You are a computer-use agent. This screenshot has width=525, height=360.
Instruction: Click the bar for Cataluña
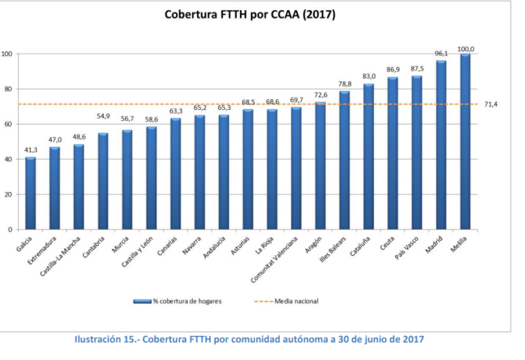coord(368,156)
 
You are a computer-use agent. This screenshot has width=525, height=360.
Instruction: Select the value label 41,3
coord(30,150)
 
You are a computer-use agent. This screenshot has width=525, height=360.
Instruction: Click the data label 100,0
coord(466,49)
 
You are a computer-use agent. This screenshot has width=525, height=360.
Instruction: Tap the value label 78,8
coord(345,85)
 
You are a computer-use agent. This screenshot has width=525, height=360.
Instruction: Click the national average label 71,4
coord(492,105)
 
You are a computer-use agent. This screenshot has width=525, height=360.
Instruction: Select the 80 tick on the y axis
coord(7,89)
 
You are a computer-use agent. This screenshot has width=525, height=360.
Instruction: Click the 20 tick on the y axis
coord(7,194)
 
